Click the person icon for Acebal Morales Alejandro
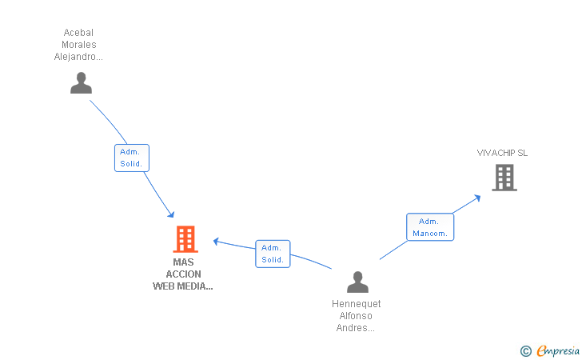tap(81, 83)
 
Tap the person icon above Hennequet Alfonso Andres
tap(357, 282)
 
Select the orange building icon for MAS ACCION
tap(185, 239)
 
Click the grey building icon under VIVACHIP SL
tap(504, 178)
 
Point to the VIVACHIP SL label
tap(502, 153)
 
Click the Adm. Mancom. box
tap(430, 227)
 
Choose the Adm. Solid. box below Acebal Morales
tap(132, 158)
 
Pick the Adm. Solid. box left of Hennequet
tap(273, 254)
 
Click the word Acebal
tap(78, 33)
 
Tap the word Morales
tap(79, 45)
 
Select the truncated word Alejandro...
tap(78, 57)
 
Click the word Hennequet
tap(357, 304)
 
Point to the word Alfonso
tap(356, 316)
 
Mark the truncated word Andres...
tap(356, 328)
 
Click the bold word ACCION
tap(183, 274)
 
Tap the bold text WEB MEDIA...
tap(182, 286)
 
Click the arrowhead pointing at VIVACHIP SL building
tap(478, 198)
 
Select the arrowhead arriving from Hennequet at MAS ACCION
tap(217, 242)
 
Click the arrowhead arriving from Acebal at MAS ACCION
tap(171, 214)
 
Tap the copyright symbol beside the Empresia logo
tap(525, 351)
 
